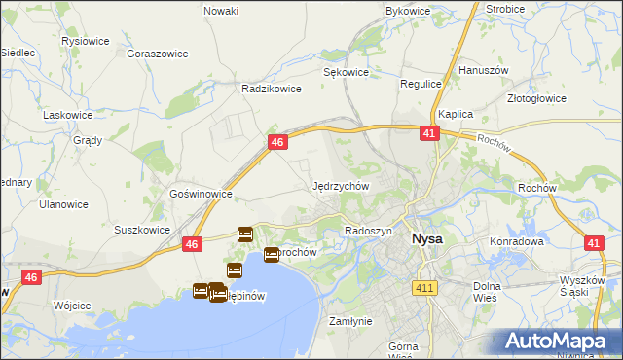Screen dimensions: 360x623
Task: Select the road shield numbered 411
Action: tap(423, 288)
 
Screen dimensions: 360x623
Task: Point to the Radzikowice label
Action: tap(269, 88)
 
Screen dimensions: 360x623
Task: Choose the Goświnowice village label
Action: tap(201, 194)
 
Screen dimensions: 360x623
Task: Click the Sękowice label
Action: tap(346, 72)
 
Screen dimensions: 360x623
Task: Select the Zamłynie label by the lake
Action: tap(350, 321)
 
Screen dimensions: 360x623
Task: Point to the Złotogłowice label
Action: tap(565, 98)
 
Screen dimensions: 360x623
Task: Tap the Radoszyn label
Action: tap(368, 231)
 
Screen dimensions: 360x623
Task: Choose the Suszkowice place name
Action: tap(143, 231)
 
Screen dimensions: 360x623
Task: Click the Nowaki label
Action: tap(221, 11)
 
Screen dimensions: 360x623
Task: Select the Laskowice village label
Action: tap(67, 115)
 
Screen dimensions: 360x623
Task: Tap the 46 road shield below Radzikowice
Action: tap(277, 143)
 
